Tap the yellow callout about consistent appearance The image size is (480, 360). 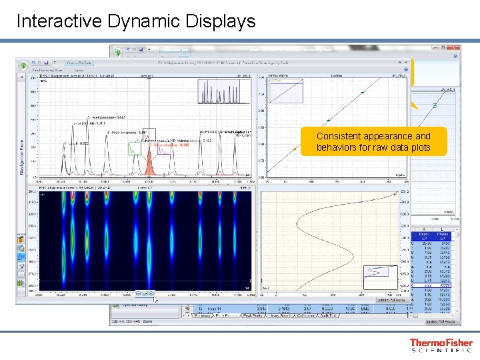click(x=373, y=142)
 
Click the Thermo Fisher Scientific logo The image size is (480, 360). click(x=441, y=345)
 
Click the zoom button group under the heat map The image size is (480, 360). click(x=144, y=293)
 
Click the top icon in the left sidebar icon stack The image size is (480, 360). click(x=21, y=236)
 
